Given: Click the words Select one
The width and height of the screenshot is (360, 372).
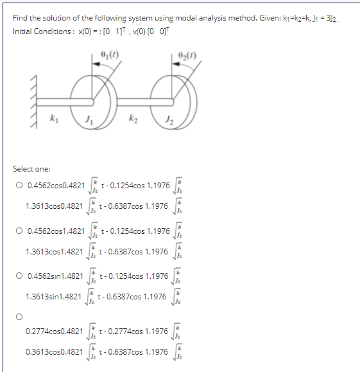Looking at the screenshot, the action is click(30, 168).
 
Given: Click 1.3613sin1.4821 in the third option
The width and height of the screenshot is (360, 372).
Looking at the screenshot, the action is click(53, 297).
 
